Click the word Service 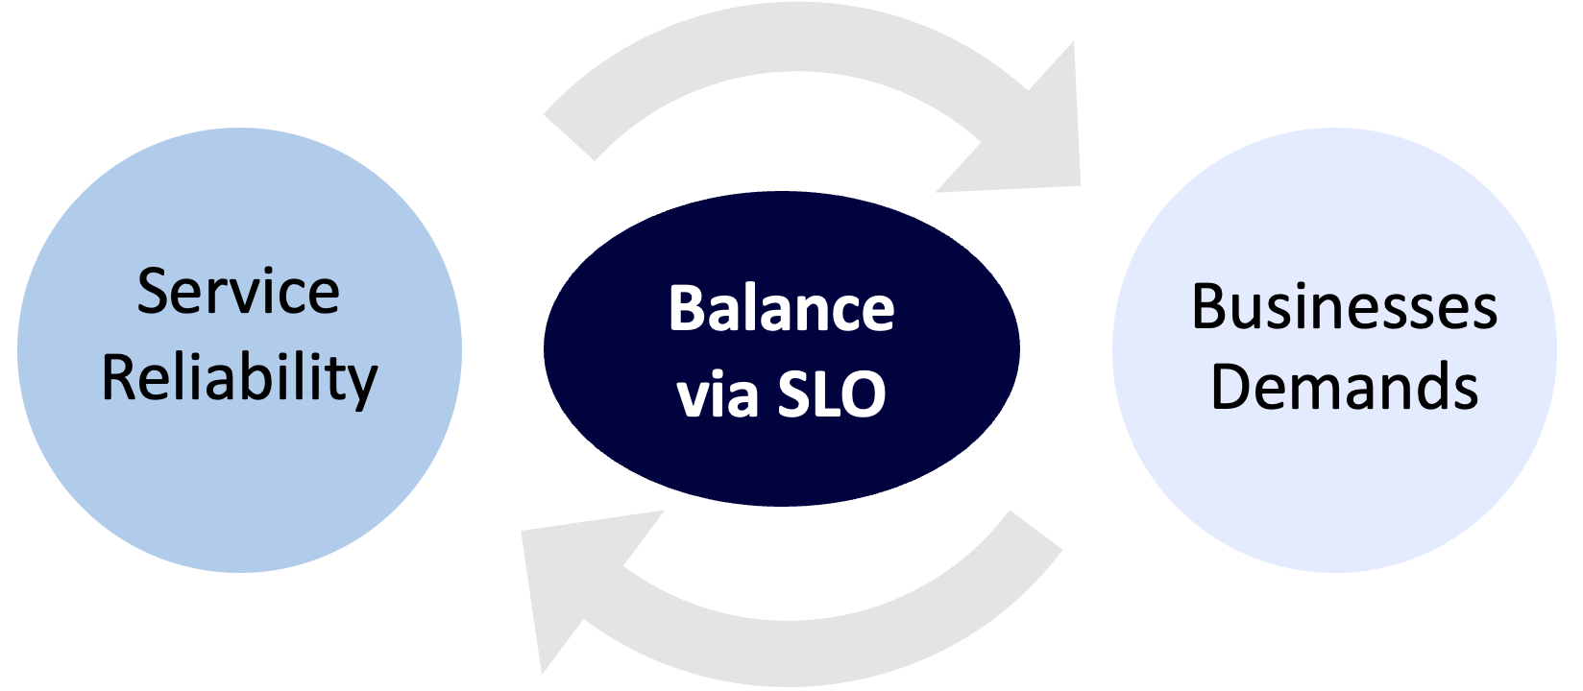238,292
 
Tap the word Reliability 239,378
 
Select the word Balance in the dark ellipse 781,308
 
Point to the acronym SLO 832,394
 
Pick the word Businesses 1344,307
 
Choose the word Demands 1344,387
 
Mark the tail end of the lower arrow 1035,532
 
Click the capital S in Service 155,292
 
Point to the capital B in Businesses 1209,307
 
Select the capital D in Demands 1230,387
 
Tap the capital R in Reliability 119,378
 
